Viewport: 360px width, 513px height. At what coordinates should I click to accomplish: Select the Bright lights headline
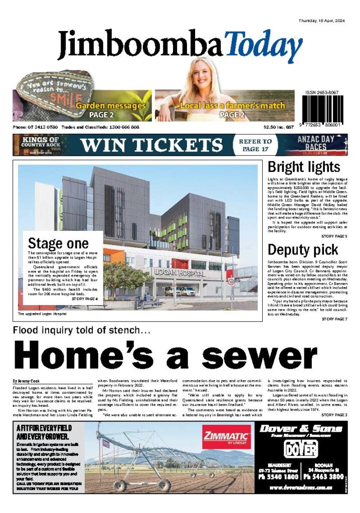[x=304, y=167]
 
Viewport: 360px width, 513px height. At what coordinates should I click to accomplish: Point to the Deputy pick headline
[x=302, y=249]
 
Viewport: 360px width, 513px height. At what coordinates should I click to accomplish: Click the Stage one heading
[x=58, y=243]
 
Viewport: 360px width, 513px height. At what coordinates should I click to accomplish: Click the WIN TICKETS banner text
[x=151, y=145]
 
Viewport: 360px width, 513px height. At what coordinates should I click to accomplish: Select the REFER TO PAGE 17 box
[x=256, y=145]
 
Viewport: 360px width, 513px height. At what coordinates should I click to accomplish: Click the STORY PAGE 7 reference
[x=334, y=319]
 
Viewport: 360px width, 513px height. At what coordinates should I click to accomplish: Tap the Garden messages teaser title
[x=111, y=106]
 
